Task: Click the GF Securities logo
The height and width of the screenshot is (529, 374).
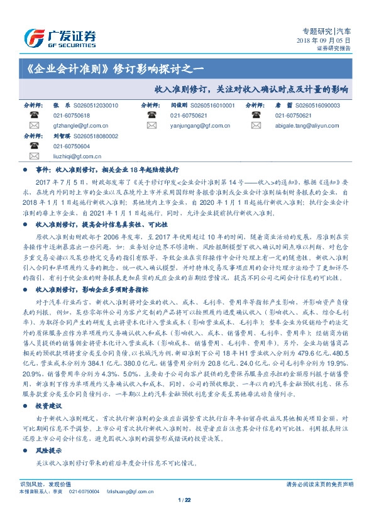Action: [x=59, y=35]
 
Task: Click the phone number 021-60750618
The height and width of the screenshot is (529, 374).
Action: [x=72, y=116]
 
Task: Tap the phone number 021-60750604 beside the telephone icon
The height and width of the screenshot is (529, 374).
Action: [x=72, y=146]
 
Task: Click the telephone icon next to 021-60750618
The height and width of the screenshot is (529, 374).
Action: [x=33, y=116]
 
